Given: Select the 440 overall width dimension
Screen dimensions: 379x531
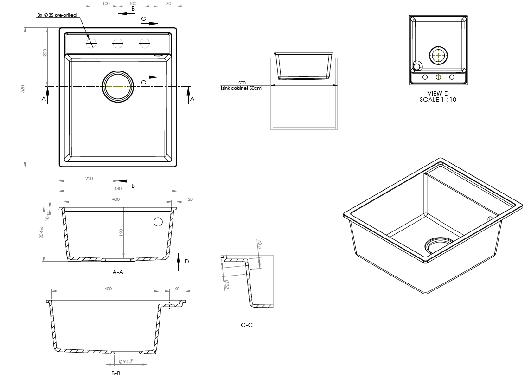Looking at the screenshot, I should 117,189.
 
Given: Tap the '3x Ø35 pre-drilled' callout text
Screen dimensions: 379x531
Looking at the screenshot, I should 57,15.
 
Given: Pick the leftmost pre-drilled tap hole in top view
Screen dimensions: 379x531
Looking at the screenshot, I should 91,43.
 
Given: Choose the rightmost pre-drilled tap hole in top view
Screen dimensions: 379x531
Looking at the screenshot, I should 145,43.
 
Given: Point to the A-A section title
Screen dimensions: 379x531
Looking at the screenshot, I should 118,272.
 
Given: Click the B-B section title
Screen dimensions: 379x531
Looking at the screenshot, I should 116,373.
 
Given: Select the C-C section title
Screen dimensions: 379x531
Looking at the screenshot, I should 247,325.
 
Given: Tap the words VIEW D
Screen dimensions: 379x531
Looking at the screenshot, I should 438,93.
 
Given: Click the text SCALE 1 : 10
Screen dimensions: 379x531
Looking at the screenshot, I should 438,99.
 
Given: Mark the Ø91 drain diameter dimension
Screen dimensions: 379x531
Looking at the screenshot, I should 125,361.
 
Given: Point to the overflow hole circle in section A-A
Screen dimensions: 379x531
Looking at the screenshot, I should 158,222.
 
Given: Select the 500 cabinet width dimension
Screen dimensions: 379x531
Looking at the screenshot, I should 242,82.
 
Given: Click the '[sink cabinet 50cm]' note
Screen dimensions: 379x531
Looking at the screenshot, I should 242,88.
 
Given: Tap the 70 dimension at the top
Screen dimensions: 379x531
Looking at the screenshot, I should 168,4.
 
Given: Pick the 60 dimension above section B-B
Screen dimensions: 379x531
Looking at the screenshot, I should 177,289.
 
